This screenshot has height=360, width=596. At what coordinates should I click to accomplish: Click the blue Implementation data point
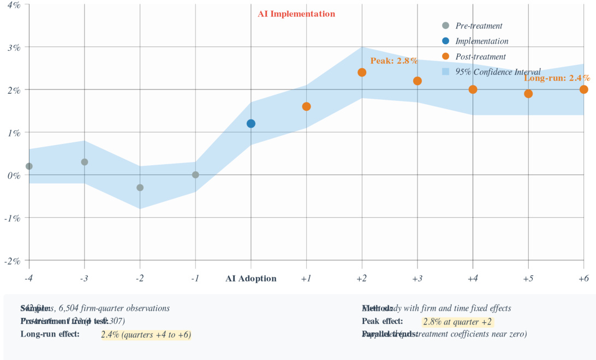pos(251,124)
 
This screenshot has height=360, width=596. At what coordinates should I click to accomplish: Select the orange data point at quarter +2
pos(362,73)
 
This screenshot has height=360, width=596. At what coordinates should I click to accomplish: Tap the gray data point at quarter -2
pos(140,188)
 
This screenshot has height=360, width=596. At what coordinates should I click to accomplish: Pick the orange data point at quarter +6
pos(584,89)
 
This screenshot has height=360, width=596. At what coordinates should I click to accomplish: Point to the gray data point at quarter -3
pos(85,162)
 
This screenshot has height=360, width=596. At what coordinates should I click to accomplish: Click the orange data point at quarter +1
pos(307,106)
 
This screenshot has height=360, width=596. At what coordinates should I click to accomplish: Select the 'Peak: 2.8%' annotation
pos(394,61)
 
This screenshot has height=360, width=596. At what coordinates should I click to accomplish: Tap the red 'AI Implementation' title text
pos(296,14)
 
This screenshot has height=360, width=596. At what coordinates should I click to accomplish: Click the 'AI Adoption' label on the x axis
pos(251,279)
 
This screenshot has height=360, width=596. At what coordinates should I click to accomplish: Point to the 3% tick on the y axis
pos(14,47)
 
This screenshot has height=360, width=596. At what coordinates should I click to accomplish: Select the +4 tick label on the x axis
pos(473,279)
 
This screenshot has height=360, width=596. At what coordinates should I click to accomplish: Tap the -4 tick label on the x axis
pos(29,279)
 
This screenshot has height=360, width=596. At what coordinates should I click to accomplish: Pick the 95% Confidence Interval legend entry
pos(491,72)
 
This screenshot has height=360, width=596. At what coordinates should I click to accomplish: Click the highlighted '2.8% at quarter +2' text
pos(457,322)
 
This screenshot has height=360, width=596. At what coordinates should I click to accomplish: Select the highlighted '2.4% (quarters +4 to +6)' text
pos(146,334)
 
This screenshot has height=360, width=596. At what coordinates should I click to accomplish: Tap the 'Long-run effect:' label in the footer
pos(50,334)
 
